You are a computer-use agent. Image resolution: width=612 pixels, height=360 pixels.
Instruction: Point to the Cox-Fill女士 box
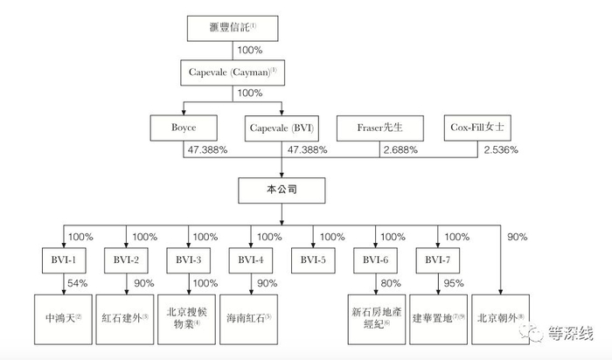click(x=481, y=128)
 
